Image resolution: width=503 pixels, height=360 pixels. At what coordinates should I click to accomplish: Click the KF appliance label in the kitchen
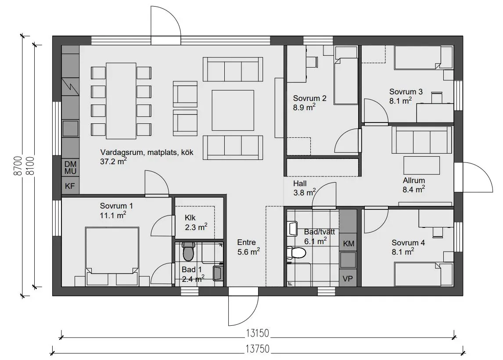70,186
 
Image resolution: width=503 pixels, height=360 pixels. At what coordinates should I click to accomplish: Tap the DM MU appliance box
70,167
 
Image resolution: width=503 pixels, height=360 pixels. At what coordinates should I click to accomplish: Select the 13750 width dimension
258,349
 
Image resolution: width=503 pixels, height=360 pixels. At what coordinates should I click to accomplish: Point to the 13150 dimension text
258,333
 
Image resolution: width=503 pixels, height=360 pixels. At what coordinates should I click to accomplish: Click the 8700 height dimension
18,166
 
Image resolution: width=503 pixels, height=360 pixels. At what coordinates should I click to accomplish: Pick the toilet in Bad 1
188,251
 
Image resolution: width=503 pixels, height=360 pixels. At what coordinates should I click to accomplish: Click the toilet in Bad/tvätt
296,252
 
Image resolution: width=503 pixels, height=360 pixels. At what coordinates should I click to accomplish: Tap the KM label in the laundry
349,244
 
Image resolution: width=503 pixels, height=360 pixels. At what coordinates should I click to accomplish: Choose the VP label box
348,279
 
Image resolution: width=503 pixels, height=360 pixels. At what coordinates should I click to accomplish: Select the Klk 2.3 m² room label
196,223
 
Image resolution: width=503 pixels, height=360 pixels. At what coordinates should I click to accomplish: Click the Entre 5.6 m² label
248,247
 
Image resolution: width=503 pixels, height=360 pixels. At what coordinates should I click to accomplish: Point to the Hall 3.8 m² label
305,188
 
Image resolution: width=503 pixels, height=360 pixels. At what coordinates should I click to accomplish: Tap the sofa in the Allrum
419,140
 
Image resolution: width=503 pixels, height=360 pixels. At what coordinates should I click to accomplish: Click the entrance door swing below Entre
243,307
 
